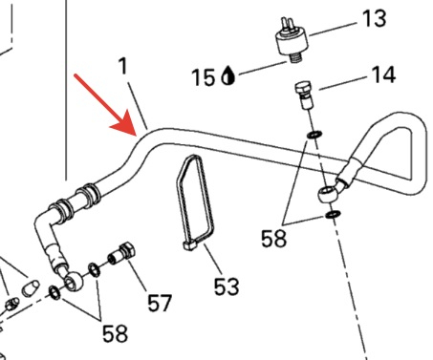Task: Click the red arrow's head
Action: [126, 125]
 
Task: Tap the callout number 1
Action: [122, 67]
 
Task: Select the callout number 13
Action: [375, 18]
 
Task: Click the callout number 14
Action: [383, 75]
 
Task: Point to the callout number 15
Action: [203, 77]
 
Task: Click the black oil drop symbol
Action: [227, 75]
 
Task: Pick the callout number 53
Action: [227, 286]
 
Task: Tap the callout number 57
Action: [160, 303]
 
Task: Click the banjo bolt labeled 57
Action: [122, 254]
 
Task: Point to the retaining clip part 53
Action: [194, 202]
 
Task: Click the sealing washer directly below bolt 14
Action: [314, 135]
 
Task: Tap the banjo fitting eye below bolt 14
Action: [328, 194]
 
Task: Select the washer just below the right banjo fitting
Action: [333, 215]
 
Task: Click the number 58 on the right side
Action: [273, 239]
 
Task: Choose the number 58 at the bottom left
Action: [115, 333]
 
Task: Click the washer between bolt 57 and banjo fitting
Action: [94, 269]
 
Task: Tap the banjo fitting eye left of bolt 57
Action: [73, 281]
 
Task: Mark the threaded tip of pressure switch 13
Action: [295, 58]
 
